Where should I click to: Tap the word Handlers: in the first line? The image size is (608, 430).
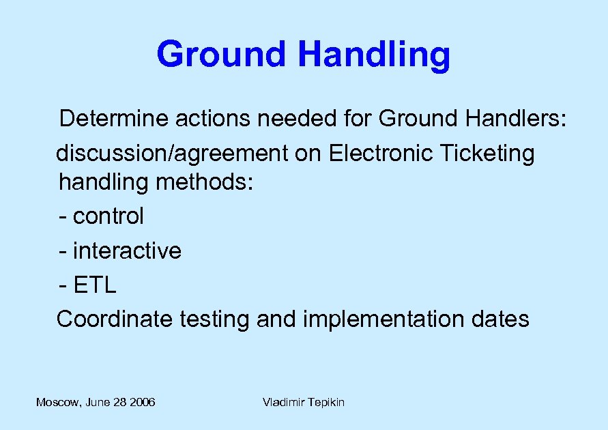517,119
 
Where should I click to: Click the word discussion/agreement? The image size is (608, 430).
173,154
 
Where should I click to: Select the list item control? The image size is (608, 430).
108,216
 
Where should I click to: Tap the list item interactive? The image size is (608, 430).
127,250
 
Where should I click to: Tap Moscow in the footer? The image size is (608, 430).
57,403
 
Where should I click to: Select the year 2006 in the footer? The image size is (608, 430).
142,403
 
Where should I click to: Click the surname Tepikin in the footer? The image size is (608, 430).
325,403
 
